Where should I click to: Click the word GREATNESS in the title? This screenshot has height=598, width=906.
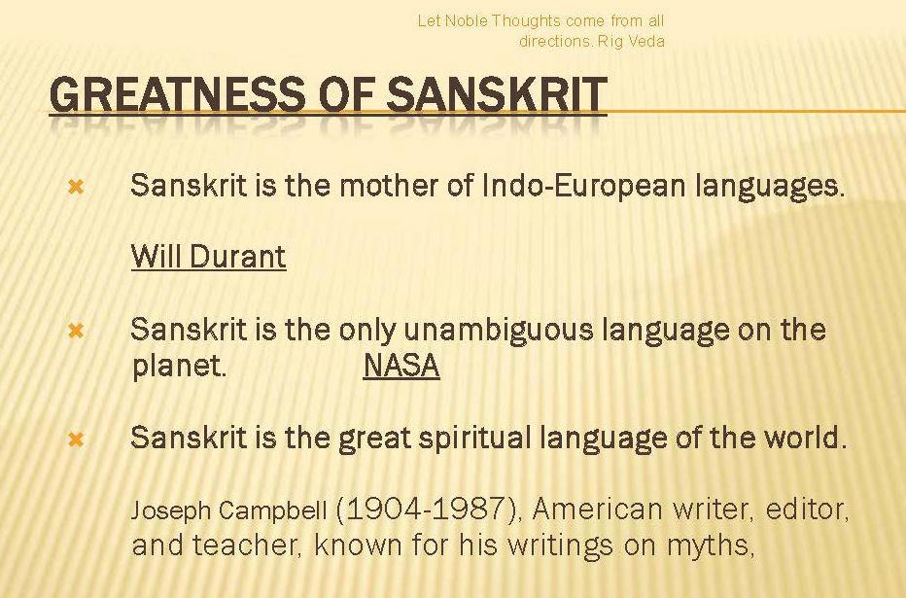tap(177, 94)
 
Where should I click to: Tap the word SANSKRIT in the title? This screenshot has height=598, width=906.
tap(497, 94)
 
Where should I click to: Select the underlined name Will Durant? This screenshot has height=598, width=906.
tap(209, 256)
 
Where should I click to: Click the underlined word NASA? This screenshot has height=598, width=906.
tap(401, 366)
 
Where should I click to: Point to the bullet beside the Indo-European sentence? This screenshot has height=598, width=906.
tap(76, 187)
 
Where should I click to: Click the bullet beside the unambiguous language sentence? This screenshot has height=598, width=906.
tap(76, 331)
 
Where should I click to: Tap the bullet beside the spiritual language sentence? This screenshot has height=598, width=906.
tap(76, 440)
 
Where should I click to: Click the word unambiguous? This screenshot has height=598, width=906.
tap(498, 330)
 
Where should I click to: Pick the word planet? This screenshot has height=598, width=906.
tap(179, 367)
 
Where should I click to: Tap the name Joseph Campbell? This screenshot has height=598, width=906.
tap(228, 510)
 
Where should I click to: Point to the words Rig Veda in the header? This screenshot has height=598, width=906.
tap(631, 41)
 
